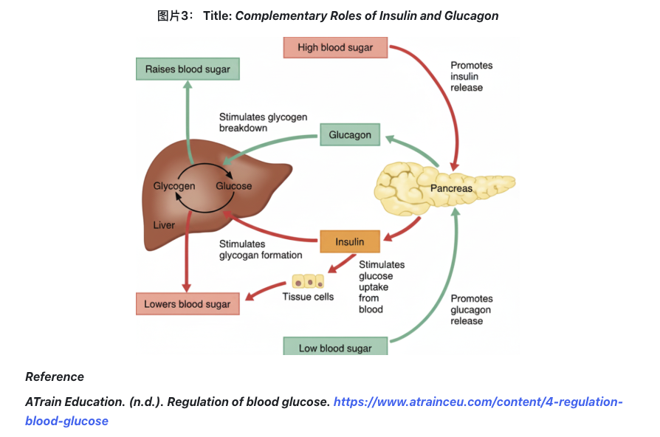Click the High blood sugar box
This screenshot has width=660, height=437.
click(335, 48)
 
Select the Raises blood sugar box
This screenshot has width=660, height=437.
click(188, 69)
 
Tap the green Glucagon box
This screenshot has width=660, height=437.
click(350, 135)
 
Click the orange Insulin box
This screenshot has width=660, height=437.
click(350, 241)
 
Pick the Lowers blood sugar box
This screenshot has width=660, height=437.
click(188, 304)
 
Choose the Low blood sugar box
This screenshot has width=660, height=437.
click(335, 347)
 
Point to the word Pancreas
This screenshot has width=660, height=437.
click(451, 188)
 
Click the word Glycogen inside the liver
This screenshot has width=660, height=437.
click(174, 186)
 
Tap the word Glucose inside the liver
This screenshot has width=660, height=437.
click(233, 186)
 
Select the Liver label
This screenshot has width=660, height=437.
click(164, 225)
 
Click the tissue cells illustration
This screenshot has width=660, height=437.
click(308, 281)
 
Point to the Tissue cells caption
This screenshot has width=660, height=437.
click(308, 297)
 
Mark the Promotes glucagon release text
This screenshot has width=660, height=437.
click(471, 309)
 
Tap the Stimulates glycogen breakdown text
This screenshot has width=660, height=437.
click(263, 122)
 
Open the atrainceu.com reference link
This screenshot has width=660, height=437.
click(478, 402)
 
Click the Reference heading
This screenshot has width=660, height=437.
click(55, 376)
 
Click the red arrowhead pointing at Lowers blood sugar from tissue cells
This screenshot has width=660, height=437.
click(249, 297)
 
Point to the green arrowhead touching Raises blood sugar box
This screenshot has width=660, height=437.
click(188, 85)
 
